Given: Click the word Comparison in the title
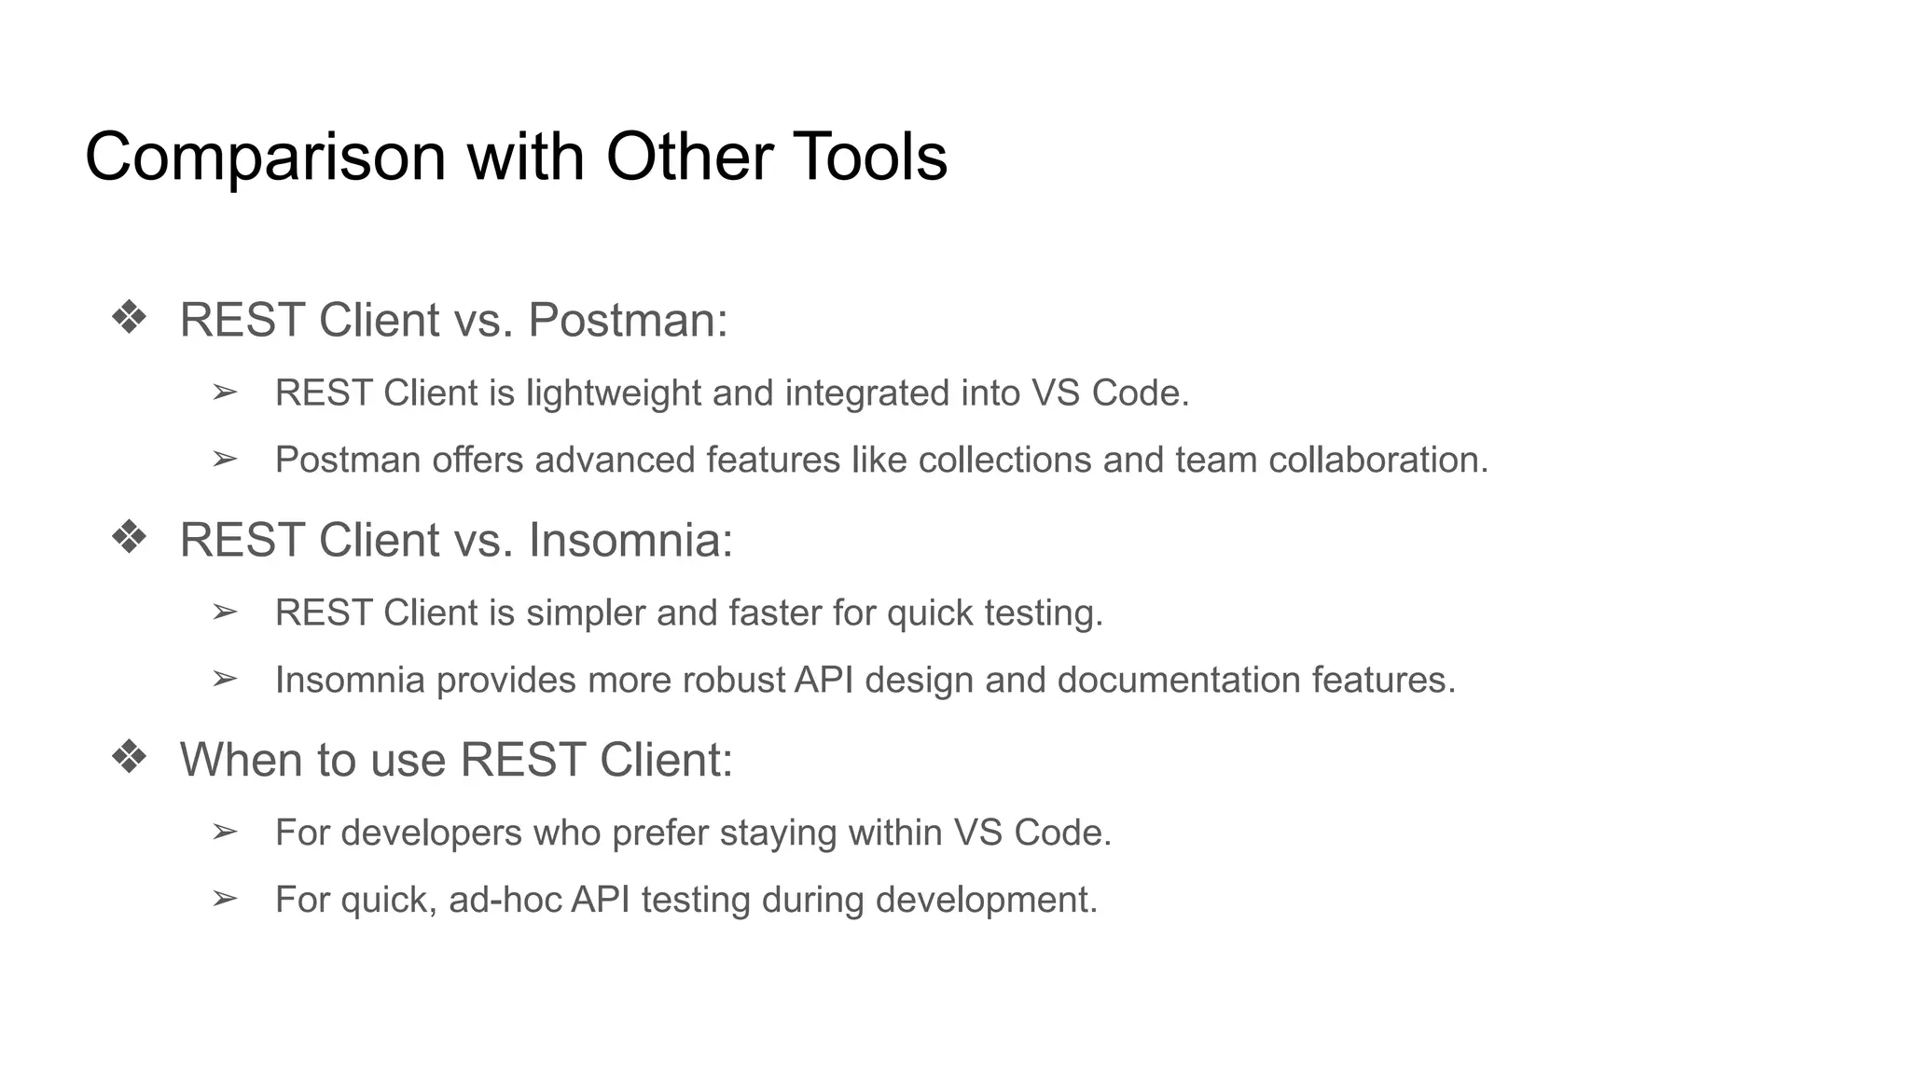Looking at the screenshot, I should (x=265, y=157).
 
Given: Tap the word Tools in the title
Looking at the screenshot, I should (x=870, y=157).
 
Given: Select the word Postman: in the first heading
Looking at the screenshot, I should (x=628, y=320).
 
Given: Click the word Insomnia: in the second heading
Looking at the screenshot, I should (x=630, y=540).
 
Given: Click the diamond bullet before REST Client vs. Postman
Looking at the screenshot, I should (x=129, y=318).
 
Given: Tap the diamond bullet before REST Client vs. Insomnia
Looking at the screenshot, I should (x=129, y=538).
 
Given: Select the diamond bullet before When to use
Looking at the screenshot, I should (x=129, y=758).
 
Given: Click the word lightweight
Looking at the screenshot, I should (x=613, y=393).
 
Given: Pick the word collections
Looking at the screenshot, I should (x=1004, y=461).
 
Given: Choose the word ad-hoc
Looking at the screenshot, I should (x=505, y=900).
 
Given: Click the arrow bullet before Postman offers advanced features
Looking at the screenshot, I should (x=225, y=460).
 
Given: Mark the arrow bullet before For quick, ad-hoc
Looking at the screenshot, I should (x=225, y=899).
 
